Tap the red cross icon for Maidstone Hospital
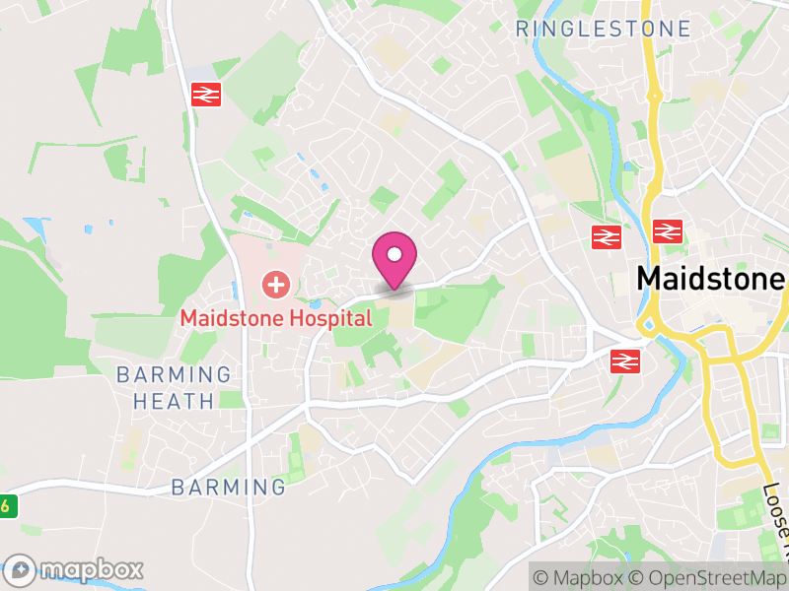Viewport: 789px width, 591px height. click(x=275, y=287)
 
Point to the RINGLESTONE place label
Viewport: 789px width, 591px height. click(x=604, y=30)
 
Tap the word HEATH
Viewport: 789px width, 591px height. click(x=174, y=401)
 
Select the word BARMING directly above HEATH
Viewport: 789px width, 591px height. click(x=174, y=374)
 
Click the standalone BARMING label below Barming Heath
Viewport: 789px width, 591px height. click(x=228, y=487)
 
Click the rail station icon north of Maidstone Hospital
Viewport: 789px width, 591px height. click(x=206, y=95)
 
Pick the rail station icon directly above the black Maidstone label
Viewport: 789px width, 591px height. click(x=668, y=232)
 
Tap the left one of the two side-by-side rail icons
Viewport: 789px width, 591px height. click(x=607, y=236)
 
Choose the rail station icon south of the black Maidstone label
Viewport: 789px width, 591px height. click(x=625, y=361)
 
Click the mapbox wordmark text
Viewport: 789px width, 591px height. click(x=91, y=569)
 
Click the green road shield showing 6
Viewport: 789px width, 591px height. click(x=7, y=506)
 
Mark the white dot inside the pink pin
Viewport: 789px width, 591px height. click(x=394, y=254)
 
